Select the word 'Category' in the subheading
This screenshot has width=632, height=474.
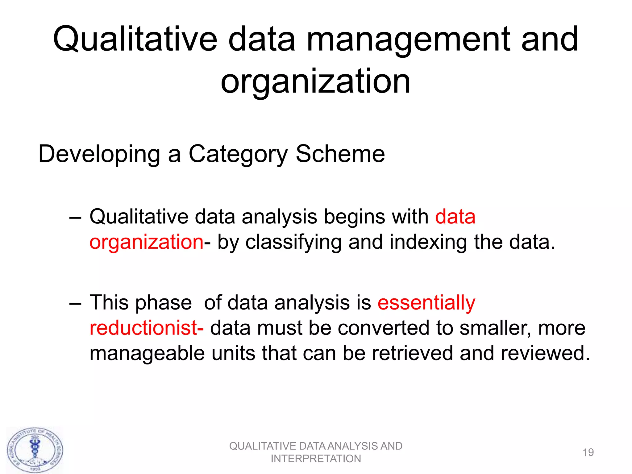[238, 154]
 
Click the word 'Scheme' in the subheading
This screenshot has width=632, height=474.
[340, 154]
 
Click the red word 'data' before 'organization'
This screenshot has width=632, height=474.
[455, 217]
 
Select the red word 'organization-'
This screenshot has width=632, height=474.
[146, 242]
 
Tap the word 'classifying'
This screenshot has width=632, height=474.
[293, 242]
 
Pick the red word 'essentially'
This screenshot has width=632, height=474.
[426, 302]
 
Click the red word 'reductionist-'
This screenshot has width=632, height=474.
[146, 328]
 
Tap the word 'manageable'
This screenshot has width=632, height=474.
[147, 353]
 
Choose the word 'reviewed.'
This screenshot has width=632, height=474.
[545, 353]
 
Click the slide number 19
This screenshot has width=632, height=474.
[588, 452]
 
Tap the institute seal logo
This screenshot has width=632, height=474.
[35, 450]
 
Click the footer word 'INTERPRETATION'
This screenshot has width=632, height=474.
[316, 459]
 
